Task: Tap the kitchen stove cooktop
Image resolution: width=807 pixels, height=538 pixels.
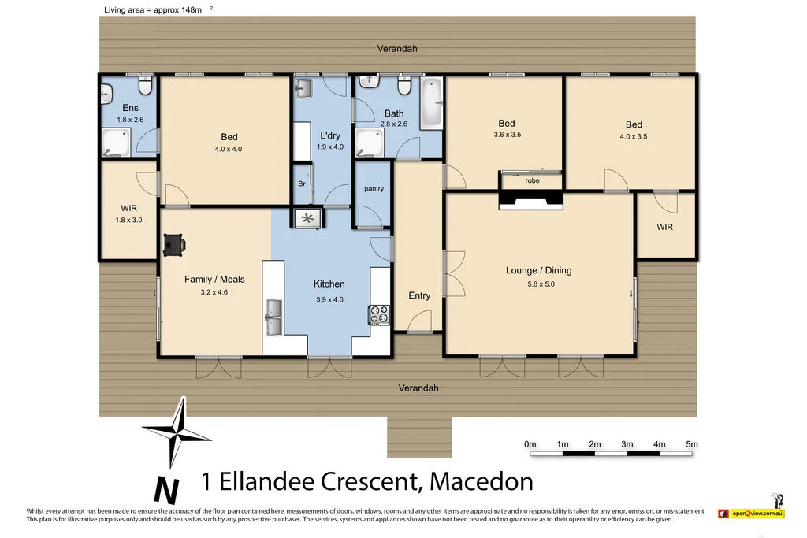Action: coord(379,314)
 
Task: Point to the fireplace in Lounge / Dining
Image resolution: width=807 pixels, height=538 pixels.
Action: coord(531,202)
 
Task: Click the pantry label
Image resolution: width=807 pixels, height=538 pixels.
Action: coord(374,189)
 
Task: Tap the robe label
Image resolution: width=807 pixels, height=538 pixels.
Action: coord(532,180)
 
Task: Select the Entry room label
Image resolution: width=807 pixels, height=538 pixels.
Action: coord(419,295)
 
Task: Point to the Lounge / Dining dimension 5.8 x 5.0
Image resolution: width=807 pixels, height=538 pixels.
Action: coord(539,284)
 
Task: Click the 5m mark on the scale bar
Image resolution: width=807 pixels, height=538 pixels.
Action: coord(692,445)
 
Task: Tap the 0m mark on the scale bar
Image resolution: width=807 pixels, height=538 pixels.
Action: coord(530,445)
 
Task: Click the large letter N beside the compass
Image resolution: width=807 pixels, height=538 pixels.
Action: coord(165,489)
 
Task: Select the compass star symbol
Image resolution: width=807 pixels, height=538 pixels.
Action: coord(177,431)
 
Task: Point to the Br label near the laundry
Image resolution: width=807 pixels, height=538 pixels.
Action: coord(301,184)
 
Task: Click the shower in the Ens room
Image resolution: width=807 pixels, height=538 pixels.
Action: coord(115,143)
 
